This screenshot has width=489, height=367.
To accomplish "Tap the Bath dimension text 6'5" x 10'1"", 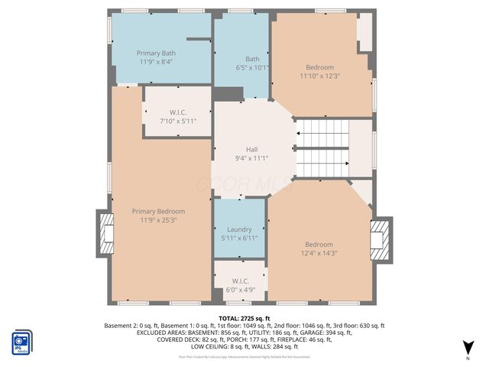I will tap(252, 67).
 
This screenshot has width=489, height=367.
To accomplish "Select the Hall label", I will tap(251, 150).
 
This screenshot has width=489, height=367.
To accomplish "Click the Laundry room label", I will tap(239, 229).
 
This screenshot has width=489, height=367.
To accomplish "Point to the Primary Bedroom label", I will tap(158, 211).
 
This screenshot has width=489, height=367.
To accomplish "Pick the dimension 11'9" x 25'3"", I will tap(158, 220).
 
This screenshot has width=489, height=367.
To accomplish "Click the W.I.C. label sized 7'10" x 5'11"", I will tap(178, 112).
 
